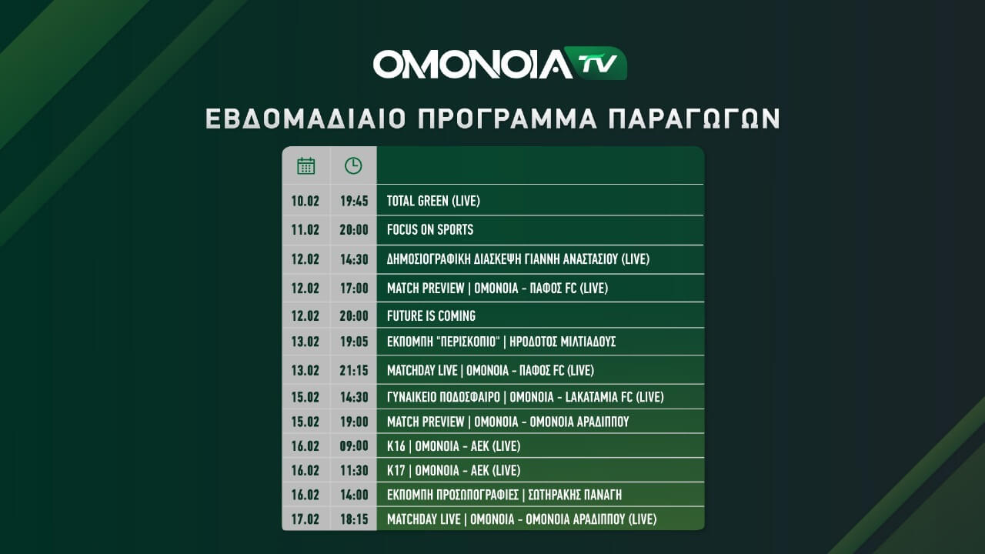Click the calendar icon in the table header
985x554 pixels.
click(306, 165)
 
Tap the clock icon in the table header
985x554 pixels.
click(353, 165)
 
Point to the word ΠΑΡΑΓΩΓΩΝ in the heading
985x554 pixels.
click(694, 118)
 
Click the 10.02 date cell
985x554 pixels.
click(306, 201)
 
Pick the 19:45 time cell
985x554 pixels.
click(354, 201)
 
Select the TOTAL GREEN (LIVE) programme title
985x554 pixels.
click(433, 201)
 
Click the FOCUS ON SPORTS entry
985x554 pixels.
click(430, 229)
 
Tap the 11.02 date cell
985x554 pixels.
click(306, 229)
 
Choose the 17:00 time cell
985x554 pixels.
click(354, 288)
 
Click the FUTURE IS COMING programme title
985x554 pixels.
click(432, 315)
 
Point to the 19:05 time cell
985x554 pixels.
click(354, 341)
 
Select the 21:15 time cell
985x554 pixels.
click(354, 370)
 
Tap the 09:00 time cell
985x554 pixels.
click(354, 446)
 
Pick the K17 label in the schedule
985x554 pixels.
click(396, 470)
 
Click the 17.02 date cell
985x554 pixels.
click(306, 519)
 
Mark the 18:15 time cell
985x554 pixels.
click(354, 519)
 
